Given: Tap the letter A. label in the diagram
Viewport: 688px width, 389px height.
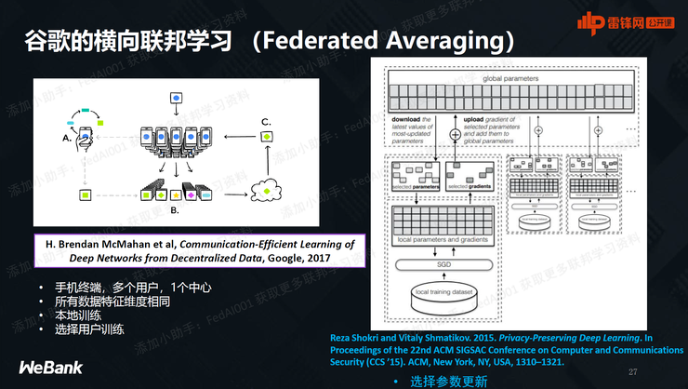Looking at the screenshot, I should [x=66, y=138].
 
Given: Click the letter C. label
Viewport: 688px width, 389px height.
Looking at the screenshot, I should [x=266, y=122].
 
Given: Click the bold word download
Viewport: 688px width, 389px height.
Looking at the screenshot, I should [x=405, y=120].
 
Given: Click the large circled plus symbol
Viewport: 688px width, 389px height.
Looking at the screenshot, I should [x=455, y=135].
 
